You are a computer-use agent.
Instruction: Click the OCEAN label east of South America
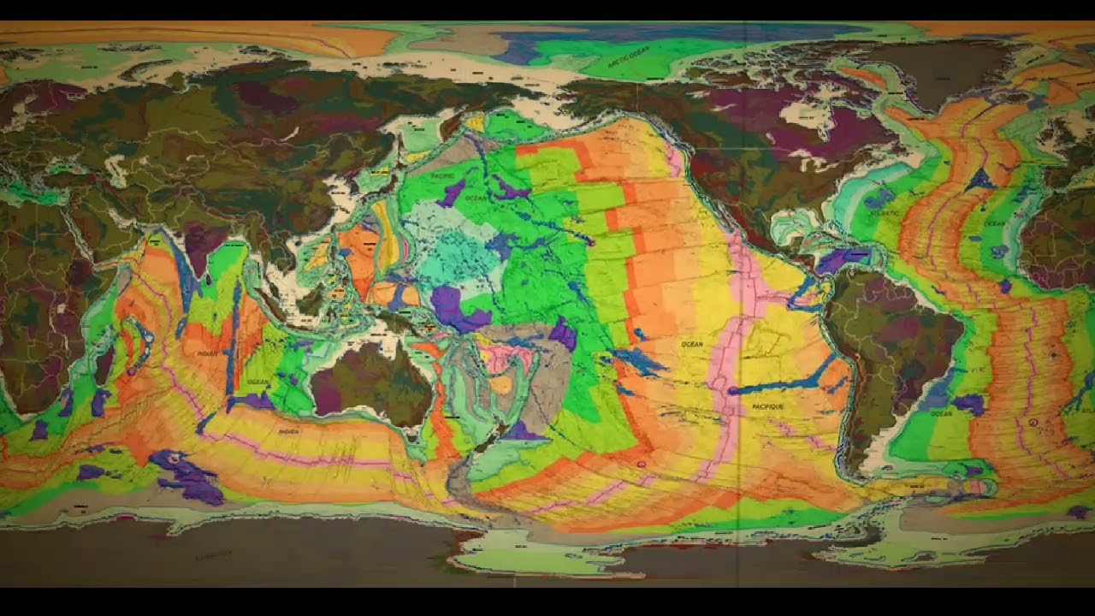tap(940, 413)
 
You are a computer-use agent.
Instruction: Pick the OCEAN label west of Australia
tap(257, 381)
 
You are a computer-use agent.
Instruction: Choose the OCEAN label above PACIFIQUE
tap(691, 344)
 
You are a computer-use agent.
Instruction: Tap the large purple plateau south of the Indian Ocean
tap(188, 475)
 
